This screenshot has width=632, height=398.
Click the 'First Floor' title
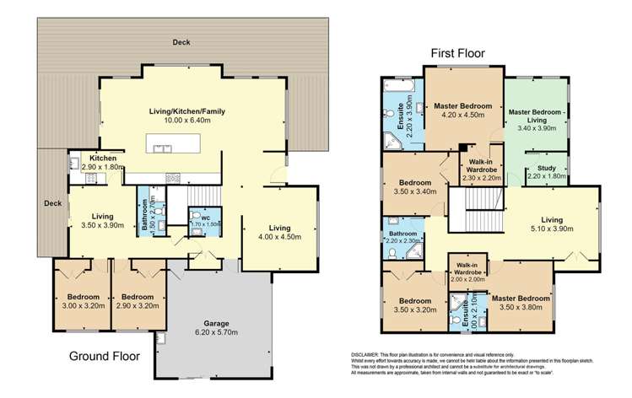click(x=458, y=53)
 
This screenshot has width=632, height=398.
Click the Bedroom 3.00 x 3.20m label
click(x=83, y=301)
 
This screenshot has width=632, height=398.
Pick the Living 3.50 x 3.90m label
click(x=101, y=221)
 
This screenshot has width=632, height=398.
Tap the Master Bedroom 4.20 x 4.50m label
click(x=462, y=111)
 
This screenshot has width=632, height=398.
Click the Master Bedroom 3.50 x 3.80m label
click(x=520, y=302)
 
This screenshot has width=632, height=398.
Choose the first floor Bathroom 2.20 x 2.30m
click(x=402, y=237)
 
